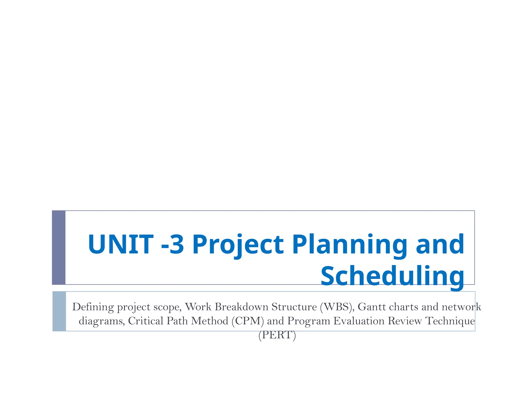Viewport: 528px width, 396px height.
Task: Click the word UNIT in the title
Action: pos(121,244)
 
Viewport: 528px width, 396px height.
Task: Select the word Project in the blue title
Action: pos(238,245)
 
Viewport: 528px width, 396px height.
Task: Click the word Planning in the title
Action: pos(349,245)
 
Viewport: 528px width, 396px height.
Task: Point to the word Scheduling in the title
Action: pos(392,276)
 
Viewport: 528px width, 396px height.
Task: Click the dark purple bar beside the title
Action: pos(59,247)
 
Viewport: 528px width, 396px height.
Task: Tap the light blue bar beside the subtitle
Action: pos(59,311)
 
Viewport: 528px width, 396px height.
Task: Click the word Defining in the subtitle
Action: pos(93,307)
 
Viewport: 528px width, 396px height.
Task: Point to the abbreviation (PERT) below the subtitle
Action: pos(277,335)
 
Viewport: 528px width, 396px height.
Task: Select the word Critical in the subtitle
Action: pos(146,321)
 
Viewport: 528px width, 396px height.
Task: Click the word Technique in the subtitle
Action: pos(450,321)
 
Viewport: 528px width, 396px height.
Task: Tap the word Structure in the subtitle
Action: pos(294,307)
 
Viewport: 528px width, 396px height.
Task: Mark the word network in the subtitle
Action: pos(461,307)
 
